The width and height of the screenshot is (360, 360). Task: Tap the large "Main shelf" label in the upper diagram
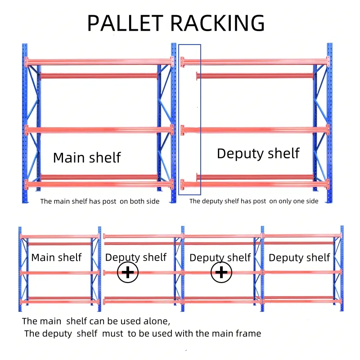pos(87,157)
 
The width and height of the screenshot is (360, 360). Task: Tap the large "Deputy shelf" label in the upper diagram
pos(258,153)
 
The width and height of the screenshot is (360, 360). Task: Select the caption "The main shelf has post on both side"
pos(100,201)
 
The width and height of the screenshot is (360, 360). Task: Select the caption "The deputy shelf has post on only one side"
pos(254,201)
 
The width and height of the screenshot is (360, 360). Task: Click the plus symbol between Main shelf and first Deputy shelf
pos(128,273)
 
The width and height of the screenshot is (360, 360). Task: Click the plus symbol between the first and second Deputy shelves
pos(221,273)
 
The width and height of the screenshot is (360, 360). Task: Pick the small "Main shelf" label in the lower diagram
pos(56,257)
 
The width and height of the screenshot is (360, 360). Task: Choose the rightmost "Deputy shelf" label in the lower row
pos(299,257)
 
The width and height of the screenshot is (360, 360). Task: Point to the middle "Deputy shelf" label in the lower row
pos(220,257)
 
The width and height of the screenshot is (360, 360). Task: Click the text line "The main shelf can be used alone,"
pos(96,321)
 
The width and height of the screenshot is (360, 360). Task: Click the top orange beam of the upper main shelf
pos(99,61)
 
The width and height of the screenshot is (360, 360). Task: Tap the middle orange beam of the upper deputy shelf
pos(254,130)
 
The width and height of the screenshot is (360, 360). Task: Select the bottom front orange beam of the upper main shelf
pos(99,184)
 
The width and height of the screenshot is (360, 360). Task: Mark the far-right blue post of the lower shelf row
pos(342,268)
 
